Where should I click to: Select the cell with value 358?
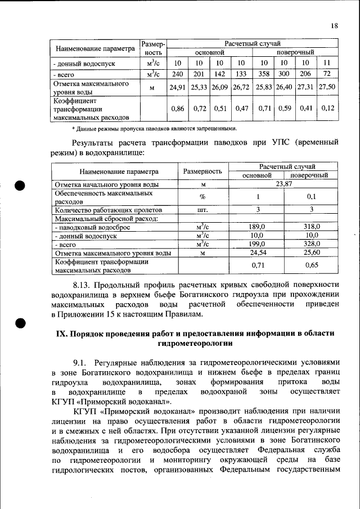point(263,74)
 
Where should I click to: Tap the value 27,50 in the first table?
point(327,87)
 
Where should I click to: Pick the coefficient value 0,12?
point(327,108)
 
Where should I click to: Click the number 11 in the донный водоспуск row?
point(327,62)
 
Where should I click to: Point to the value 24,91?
point(177,87)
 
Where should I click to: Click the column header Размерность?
point(202,171)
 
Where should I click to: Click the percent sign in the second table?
point(202,197)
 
